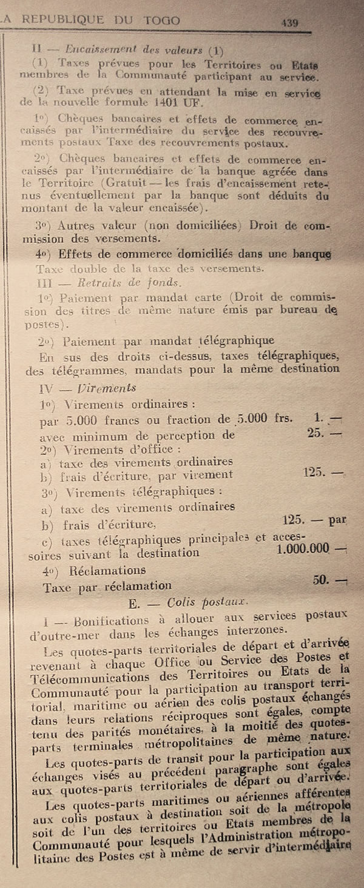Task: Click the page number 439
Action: tap(289, 22)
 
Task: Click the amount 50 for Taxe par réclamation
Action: tap(321, 579)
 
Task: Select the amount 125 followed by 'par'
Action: tap(295, 519)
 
